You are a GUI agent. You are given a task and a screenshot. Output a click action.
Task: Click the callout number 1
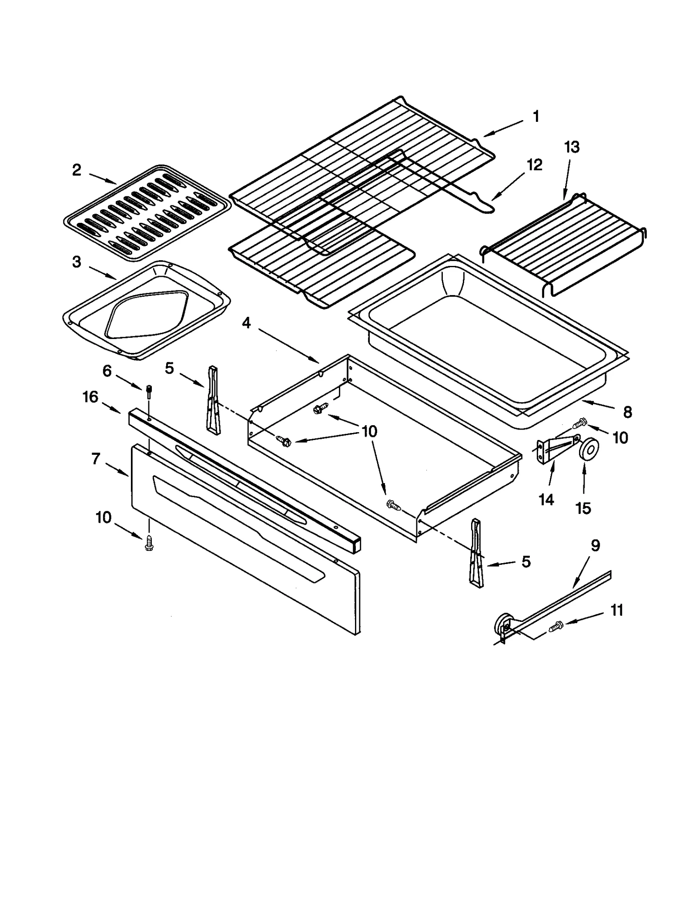tap(536, 117)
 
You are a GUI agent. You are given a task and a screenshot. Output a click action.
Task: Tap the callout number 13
tap(572, 148)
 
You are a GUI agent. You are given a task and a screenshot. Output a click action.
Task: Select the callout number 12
tap(535, 165)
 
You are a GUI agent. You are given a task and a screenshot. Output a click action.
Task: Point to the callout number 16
tap(90, 397)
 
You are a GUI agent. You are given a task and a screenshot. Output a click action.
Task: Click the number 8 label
tap(627, 412)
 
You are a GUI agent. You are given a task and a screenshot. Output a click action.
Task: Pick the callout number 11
tap(617, 610)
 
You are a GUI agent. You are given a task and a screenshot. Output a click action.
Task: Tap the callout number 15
tap(583, 508)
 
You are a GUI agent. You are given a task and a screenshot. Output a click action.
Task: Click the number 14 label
tap(546, 500)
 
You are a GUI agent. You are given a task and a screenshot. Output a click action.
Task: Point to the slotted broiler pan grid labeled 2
tap(147, 213)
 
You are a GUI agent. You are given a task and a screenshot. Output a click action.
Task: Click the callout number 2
tap(77, 170)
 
